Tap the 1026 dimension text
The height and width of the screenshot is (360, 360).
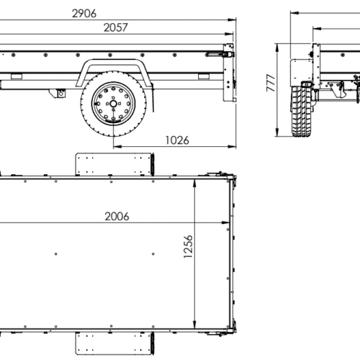(176, 140)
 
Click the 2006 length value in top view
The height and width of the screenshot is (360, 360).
(122, 216)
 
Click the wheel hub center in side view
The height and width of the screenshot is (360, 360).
(109, 104)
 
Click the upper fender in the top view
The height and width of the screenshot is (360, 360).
(116, 163)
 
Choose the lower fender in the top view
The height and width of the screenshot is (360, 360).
(116, 344)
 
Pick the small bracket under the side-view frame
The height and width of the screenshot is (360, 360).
(61, 92)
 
